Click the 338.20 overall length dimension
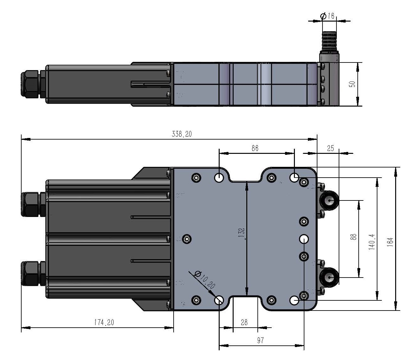[182, 134]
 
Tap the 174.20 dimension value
[104, 322]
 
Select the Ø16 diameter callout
[327, 16]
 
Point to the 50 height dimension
[352, 84]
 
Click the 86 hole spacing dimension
[255, 148]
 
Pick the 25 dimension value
[330, 148]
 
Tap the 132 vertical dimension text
[242, 232]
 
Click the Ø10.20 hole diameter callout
[205, 279]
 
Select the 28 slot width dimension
[244, 322]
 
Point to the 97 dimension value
[260, 340]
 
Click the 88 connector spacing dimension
[353, 237]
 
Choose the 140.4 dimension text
[372, 242]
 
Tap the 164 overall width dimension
[390, 242]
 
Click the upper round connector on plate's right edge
[329, 200]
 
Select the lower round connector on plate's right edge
[329, 278]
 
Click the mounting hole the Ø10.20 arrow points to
[219, 300]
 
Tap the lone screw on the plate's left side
[187, 239]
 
